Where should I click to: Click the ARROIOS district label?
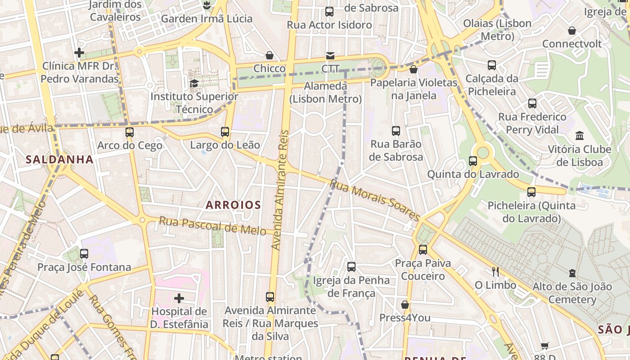point(234,205)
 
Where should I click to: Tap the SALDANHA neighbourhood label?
point(59,159)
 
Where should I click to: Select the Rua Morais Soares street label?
point(375,200)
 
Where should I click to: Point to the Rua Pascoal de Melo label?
point(212,225)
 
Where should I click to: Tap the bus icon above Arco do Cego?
point(130,132)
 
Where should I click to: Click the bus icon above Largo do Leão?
point(225,132)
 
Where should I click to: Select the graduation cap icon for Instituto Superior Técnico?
point(194,83)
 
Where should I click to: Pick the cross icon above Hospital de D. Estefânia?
point(179,298)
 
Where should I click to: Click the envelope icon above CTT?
point(330,56)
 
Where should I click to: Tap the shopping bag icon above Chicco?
point(270,55)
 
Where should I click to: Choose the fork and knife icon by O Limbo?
point(495,271)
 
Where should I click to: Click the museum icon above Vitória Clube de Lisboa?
point(580,135)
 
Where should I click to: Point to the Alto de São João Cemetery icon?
point(572,273)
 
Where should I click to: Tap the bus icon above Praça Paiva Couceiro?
point(423,249)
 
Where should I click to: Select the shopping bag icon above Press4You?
point(405,305)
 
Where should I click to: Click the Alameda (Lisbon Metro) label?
point(326,92)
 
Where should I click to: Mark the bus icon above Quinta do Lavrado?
point(473,161)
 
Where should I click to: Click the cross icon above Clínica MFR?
point(79,53)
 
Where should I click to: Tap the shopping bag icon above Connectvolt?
point(572,31)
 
